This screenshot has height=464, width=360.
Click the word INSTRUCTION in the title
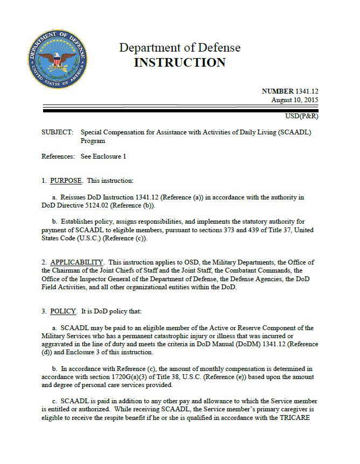point(180,63)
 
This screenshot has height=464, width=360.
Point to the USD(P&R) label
point(301,117)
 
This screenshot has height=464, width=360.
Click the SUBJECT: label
point(57,132)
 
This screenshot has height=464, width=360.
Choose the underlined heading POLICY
point(63,311)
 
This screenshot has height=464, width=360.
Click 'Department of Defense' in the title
point(180,48)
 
